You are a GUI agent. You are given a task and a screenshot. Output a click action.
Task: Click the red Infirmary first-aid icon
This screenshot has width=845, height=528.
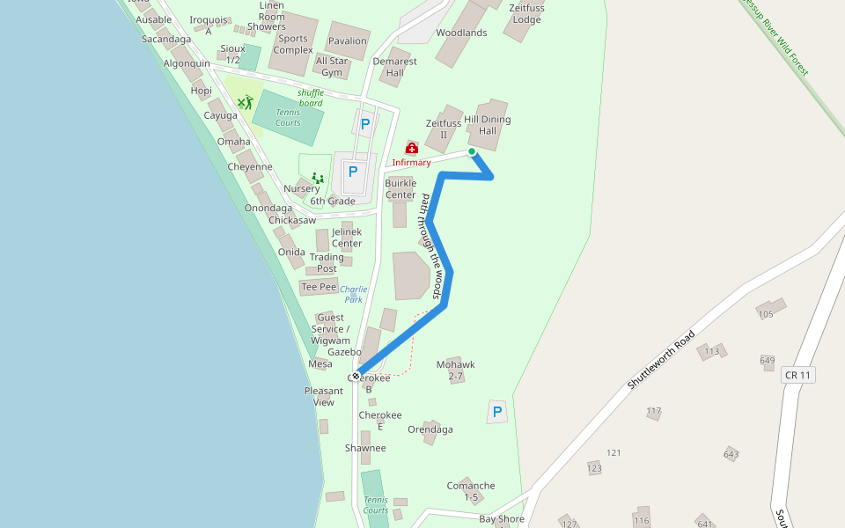click(411, 149)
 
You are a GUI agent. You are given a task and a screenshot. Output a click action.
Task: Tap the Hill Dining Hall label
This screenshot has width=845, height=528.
click(487, 125)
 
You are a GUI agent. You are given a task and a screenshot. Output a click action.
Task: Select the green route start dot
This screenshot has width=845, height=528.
click(472, 151)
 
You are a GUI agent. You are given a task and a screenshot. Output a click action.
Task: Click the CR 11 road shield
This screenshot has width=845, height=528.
click(797, 375)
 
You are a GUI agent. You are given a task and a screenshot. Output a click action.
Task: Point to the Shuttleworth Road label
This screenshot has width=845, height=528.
click(661, 360)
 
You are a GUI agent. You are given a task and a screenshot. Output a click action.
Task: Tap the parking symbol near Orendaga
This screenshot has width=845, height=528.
click(497, 412)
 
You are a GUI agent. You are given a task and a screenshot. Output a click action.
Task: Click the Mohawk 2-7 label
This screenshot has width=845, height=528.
click(455, 370)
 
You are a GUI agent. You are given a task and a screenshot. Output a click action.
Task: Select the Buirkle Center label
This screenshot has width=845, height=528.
click(400, 189)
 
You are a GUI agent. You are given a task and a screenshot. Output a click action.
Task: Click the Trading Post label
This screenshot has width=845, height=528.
click(327, 263)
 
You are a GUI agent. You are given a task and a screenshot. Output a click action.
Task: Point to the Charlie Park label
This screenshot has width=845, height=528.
click(354, 294)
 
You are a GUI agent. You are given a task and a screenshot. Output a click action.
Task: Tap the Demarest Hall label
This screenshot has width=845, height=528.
click(394, 67)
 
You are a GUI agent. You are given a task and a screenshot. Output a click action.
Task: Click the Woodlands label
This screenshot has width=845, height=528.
click(461, 33)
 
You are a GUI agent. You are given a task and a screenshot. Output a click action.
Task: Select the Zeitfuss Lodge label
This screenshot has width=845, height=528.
click(526, 14)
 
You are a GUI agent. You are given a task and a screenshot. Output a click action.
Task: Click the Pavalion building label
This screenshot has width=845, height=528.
click(347, 41)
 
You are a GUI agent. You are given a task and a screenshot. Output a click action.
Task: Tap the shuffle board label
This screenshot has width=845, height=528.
click(311, 98)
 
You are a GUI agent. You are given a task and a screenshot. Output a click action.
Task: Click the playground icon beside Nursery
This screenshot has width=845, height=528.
click(318, 178)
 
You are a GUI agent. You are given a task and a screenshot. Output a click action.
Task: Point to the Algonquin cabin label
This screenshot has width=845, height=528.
click(187, 63)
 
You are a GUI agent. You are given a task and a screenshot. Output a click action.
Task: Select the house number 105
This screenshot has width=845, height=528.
click(765, 314)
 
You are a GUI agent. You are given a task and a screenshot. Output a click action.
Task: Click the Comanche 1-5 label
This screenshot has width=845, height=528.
click(471, 491)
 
